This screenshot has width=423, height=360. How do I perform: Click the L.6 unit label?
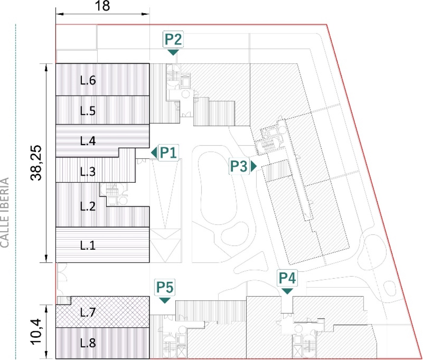88,80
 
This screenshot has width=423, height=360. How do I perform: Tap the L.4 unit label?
88,141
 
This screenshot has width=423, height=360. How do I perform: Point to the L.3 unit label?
88,172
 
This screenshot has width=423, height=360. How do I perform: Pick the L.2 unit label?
88,206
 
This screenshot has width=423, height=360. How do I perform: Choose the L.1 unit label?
88,245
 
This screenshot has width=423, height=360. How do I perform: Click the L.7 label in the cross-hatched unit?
88,312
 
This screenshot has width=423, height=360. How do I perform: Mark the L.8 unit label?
88,343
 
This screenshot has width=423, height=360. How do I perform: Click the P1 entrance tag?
168,153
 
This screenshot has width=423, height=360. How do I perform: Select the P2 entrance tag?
173,39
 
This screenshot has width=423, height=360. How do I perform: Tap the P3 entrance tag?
239,166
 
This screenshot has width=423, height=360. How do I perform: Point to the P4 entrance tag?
287,278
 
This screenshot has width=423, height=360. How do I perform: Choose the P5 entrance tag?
165,287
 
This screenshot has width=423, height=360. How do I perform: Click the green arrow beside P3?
254,166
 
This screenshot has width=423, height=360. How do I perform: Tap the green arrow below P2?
173,52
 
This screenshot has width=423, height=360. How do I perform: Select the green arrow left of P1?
154,153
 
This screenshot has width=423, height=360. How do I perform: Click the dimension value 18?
102,6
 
